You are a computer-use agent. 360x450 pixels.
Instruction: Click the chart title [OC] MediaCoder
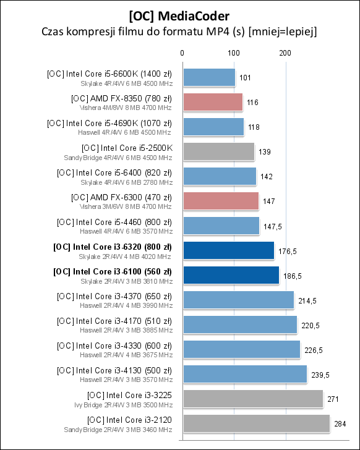point(179,14)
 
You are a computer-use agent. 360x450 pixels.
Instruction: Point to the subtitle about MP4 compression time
point(179,31)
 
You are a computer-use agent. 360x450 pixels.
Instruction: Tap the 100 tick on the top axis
point(233,54)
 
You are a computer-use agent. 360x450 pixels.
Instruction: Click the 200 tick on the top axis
point(285,54)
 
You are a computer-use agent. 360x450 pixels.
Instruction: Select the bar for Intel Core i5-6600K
point(208,77)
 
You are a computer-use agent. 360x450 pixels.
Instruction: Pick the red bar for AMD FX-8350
point(212,102)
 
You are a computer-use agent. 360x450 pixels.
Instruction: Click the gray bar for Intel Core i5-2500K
point(218,151)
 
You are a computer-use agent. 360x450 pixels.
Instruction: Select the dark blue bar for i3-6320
point(228,250)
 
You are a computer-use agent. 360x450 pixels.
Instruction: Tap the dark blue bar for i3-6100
point(230,275)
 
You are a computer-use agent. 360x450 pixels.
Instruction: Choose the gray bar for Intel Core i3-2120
point(255,423)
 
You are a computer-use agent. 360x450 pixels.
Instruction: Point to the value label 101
point(245,77)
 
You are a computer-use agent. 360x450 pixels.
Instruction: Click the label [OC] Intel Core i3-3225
point(130,395)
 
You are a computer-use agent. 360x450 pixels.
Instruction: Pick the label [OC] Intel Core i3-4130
point(114,370)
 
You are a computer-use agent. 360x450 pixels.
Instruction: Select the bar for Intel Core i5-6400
point(219,176)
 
